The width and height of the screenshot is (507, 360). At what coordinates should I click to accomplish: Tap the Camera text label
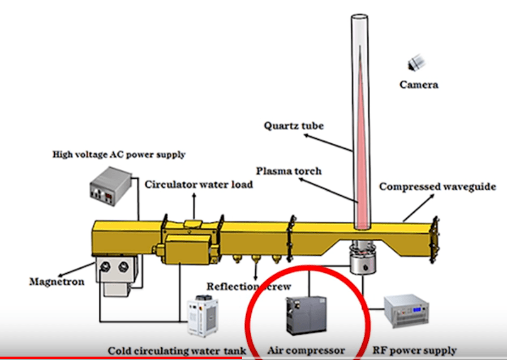click(x=419, y=85)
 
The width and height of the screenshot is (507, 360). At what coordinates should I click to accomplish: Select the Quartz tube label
click(x=294, y=125)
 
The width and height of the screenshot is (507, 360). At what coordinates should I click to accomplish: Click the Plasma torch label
click(x=289, y=170)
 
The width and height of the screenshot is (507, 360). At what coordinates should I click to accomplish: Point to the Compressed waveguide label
click(x=437, y=186)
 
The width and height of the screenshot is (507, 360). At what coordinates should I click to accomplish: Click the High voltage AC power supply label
click(x=119, y=154)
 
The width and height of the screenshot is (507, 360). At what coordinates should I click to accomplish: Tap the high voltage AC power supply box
click(x=110, y=185)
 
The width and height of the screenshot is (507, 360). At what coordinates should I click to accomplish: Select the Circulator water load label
click(x=199, y=185)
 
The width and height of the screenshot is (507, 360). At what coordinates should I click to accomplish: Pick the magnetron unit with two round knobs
click(x=116, y=270)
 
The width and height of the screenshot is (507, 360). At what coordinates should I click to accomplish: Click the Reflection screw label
click(x=249, y=286)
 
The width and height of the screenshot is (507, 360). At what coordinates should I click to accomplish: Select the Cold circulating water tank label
click(x=177, y=351)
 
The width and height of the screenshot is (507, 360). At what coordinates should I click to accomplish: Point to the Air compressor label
click(x=306, y=350)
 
